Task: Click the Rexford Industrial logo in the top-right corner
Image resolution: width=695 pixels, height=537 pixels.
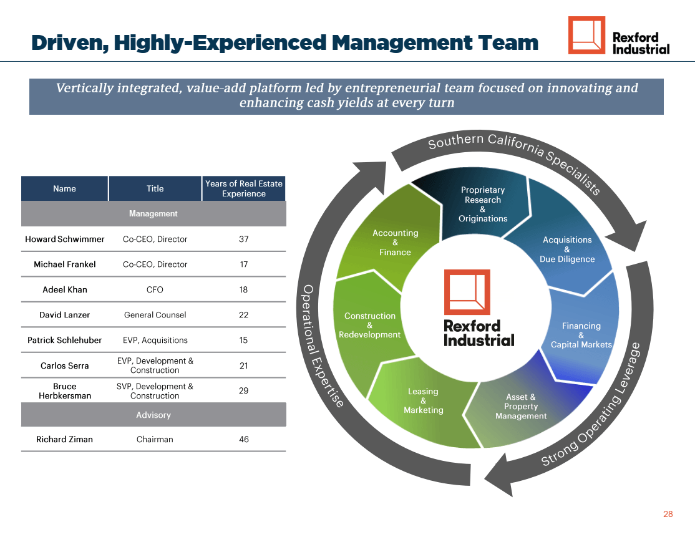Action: click(619, 36)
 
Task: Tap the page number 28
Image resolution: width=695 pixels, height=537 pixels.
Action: click(668, 514)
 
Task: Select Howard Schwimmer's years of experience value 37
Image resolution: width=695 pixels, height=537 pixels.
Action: click(244, 239)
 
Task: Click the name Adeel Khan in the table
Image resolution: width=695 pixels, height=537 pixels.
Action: click(65, 290)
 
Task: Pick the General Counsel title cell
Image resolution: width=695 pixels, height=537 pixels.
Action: click(155, 315)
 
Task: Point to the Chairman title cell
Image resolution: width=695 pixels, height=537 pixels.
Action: click(155, 440)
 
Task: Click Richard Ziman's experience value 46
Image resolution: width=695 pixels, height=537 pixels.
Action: click(244, 440)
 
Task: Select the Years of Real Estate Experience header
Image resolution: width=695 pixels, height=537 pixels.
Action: click(244, 189)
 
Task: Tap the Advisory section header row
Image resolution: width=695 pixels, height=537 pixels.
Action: click(153, 415)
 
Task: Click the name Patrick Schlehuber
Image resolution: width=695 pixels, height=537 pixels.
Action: click(65, 341)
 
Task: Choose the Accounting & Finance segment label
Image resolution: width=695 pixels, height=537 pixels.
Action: click(395, 243)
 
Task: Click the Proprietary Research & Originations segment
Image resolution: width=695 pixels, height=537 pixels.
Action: click(483, 204)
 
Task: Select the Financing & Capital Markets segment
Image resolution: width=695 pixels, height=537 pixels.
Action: click(581, 335)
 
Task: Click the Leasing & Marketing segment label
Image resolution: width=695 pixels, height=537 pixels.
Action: click(423, 400)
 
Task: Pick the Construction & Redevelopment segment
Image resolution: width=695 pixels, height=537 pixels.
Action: click(370, 325)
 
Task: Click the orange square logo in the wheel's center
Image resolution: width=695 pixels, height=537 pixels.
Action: click(467, 292)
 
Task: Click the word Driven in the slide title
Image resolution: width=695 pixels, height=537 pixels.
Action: click(69, 44)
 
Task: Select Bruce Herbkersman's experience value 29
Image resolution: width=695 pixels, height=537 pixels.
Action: click(244, 391)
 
